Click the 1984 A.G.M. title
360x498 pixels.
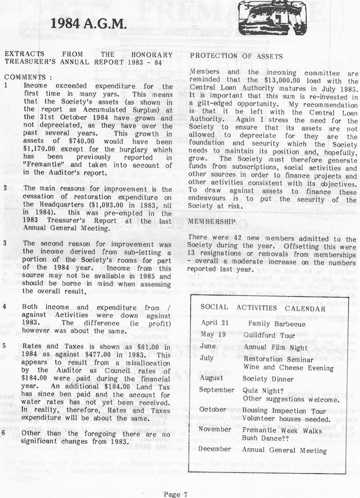coord(89,23)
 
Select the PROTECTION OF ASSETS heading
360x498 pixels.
coord(237,56)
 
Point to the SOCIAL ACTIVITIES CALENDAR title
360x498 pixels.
coord(263,308)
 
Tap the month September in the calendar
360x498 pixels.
coord(217,389)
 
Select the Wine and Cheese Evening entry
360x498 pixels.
coord(289,368)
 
